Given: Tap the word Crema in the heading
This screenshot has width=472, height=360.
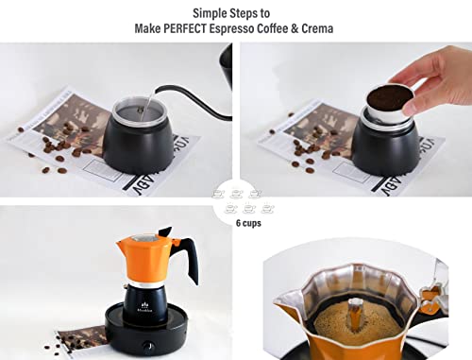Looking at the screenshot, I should pyautogui.click(x=314, y=29).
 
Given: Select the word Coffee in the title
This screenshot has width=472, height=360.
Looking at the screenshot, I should pyautogui.click(x=285, y=29).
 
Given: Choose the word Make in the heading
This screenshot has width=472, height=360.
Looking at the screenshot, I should pyautogui.click(x=151, y=29).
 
